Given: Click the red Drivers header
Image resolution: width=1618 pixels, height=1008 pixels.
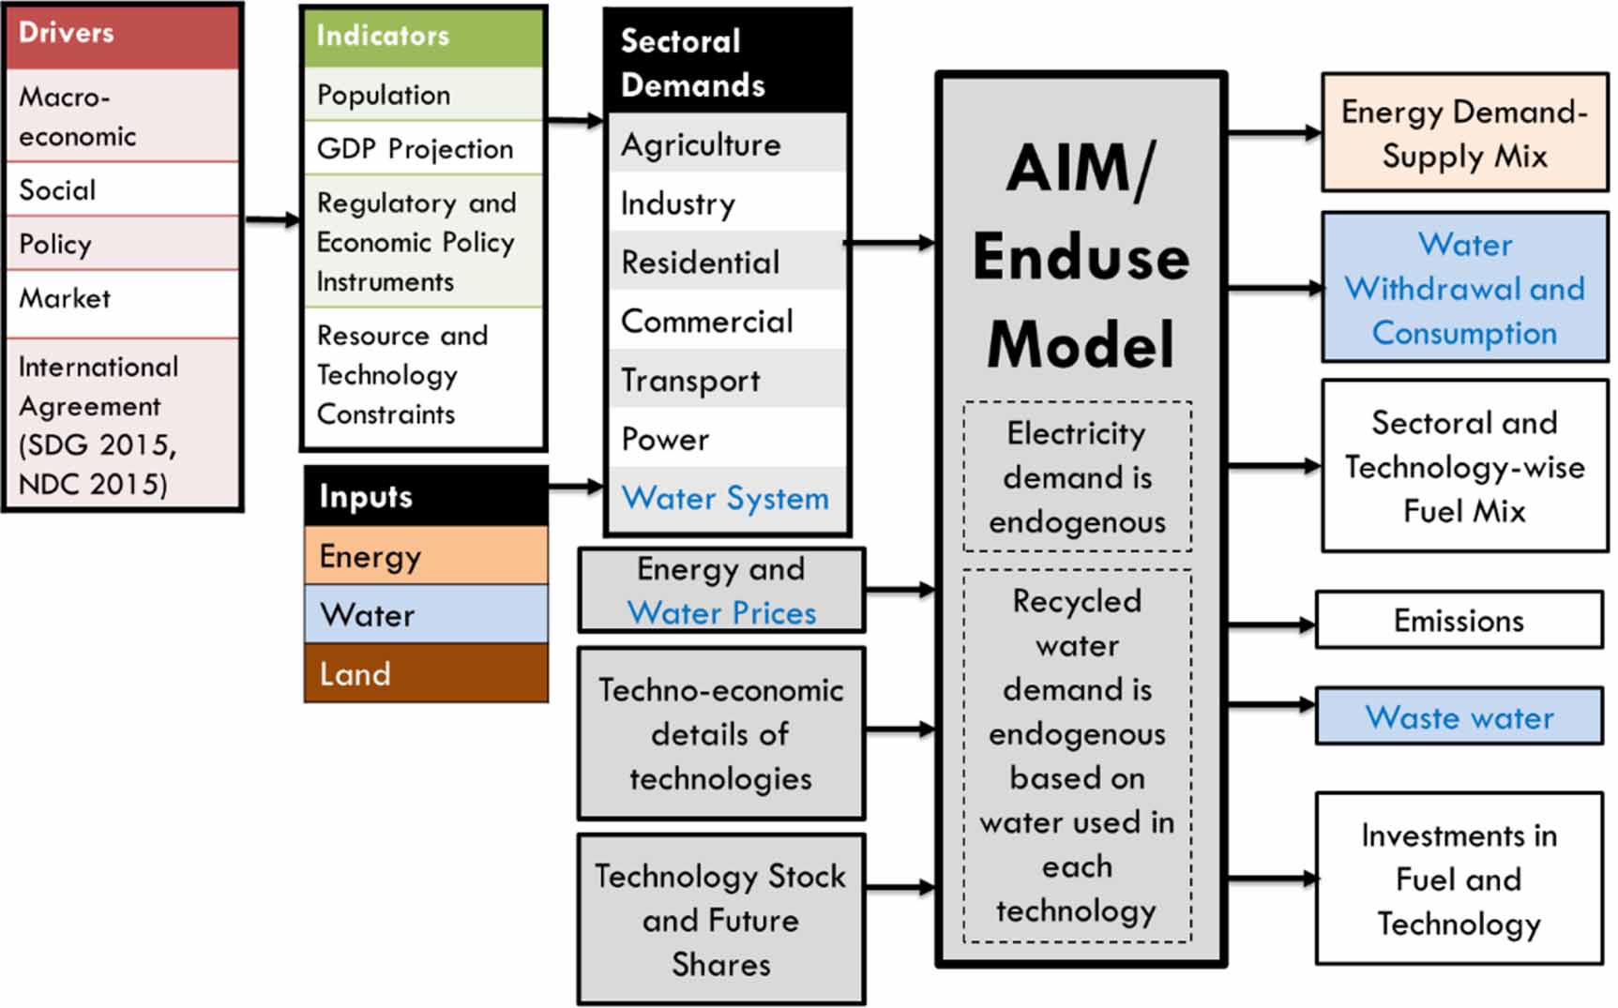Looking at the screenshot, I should (123, 36).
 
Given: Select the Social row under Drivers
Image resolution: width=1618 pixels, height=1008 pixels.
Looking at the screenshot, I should (123, 189).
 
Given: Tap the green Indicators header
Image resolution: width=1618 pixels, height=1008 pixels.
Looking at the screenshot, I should (423, 37).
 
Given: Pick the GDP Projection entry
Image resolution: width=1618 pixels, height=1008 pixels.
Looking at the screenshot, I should (423, 148).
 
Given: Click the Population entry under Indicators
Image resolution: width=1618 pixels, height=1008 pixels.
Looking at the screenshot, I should (423, 95).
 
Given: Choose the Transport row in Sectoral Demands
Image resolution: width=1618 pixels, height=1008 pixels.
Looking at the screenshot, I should (727, 380).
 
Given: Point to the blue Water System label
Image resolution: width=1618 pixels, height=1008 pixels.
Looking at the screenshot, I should (725, 498).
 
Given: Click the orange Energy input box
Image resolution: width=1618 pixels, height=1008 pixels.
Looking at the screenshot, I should (426, 556).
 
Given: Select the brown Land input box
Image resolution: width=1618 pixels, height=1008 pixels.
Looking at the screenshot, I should (426, 673).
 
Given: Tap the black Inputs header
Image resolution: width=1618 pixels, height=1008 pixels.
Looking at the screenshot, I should (426, 496).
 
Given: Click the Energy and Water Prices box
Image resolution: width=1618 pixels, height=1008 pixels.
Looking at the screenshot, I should (720, 591).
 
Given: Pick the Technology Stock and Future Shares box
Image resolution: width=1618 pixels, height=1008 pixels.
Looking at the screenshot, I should (720, 920).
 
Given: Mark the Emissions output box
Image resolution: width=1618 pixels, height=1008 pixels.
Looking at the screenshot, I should (1459, 620).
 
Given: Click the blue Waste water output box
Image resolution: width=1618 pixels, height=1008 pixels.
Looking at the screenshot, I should (1459, 717).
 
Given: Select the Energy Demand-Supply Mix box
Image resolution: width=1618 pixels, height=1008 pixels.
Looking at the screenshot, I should (1464, 133).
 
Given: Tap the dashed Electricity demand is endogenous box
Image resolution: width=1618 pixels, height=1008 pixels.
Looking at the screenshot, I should (1077, 476).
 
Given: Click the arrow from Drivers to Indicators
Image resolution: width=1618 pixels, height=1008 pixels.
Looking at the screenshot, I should (272, 220).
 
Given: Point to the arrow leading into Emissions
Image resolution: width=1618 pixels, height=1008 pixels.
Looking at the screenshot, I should (1271, 624).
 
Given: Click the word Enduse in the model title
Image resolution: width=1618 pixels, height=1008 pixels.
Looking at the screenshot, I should (1081, 257).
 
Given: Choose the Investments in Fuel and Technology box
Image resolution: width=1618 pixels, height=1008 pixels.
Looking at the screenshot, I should (1459, 879).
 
